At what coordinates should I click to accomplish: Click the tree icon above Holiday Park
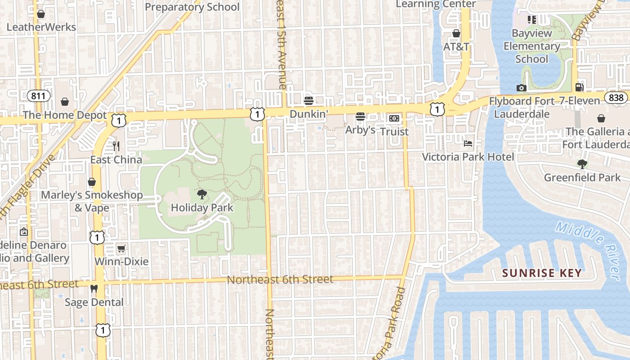click(202, 194)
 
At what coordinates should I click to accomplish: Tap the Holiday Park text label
click(202, 207)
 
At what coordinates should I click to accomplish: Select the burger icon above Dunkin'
click(308, 100)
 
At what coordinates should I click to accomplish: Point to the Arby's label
click(360, 130)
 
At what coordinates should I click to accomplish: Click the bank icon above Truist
click(394, 118)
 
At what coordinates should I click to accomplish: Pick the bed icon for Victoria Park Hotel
click(468, 144)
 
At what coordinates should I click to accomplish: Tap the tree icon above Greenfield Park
click(582, 164)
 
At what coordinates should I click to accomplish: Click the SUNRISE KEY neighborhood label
click(542, 273)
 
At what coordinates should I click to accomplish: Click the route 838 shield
click(615, 98)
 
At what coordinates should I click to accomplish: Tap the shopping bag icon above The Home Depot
click(65, 102)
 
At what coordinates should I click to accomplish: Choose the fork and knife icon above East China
click(116, 146)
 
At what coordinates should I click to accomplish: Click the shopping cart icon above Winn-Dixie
click(121, 248)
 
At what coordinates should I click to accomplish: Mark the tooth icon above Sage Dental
click(94, 288)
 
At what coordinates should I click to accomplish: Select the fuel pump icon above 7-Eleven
click(580, 87)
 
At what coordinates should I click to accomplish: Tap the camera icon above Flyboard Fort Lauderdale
click(522, 88)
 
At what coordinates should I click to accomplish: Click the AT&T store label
click(456, 46)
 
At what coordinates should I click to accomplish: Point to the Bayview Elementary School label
click(531, 46)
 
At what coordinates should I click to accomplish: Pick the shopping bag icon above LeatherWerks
click(41, 14)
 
